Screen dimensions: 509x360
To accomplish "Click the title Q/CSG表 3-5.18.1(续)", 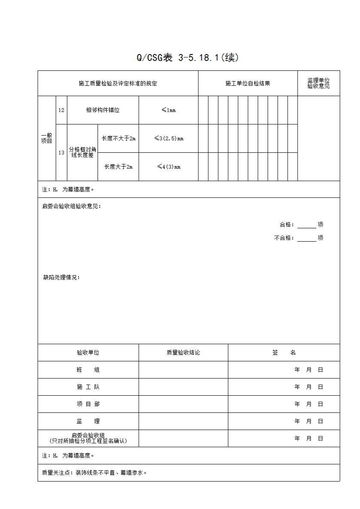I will click(187, 58).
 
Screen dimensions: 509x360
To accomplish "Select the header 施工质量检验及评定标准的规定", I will click(118, 84).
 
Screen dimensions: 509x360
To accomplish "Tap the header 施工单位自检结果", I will click(247, 84).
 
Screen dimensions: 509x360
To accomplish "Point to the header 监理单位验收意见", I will click(318, 83).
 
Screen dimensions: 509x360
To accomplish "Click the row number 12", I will click(61, 110).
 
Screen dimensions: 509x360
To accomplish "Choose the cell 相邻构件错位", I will click(103, 110).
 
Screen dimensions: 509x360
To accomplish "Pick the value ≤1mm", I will click(168, 110).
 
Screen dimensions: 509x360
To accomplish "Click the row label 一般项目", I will click(46, 138).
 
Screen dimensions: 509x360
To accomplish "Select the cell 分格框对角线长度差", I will click(82, 152).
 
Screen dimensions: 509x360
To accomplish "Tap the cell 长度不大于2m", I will click(118, 139).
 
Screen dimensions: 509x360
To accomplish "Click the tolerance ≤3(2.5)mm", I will click(168, 139).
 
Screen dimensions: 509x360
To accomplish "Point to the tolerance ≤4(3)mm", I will click(168, 167).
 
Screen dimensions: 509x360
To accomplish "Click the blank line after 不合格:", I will click(306, 238).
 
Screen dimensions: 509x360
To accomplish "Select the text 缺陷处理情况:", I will click(61, 278).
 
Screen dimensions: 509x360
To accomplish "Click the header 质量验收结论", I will click(183, 353).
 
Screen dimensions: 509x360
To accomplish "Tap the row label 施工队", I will click(88, 387).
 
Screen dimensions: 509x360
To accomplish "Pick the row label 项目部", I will click(88, 404).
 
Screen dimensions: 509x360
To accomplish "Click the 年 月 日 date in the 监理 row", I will click(308, 421).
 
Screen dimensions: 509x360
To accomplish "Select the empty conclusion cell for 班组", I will click(183, 370).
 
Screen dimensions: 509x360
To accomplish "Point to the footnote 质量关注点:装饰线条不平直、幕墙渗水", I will click(95, 473).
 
